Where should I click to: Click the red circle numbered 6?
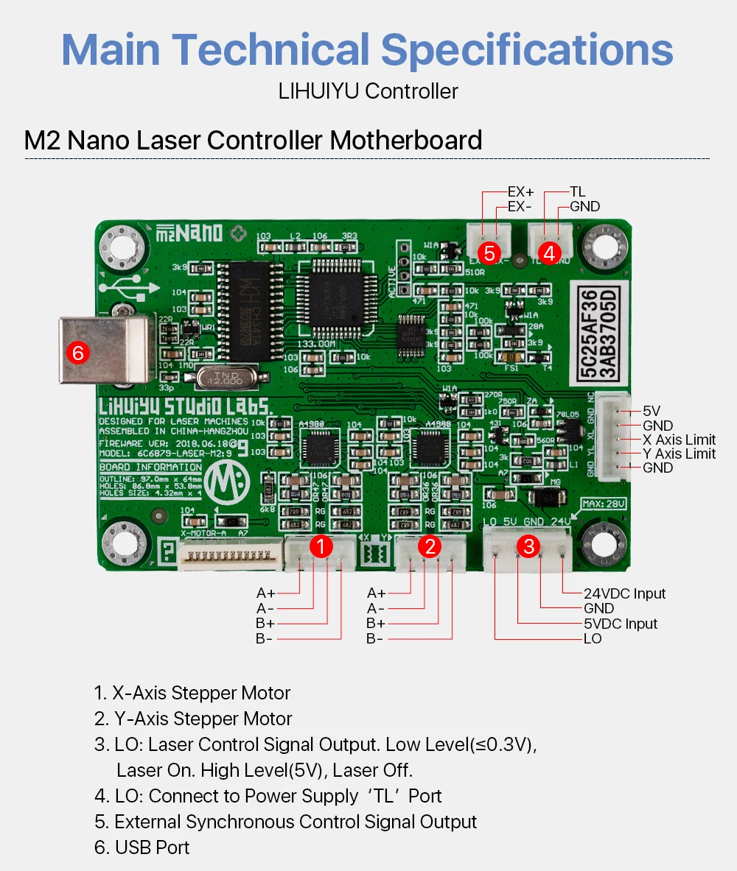coord(77,353)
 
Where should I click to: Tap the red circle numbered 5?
coord(489,253)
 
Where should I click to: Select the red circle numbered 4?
coord(548,253)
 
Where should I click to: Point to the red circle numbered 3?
coord(528,546)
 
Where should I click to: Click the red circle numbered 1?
coord(320,546)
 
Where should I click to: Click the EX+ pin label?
coord(520,192)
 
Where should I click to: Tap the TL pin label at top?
coord(577,192)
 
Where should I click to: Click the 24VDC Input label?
coord(624,593)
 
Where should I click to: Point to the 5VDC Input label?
coord(621,624)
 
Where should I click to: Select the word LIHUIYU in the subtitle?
coord(318,91)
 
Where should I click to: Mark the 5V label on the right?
coord(652,411)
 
